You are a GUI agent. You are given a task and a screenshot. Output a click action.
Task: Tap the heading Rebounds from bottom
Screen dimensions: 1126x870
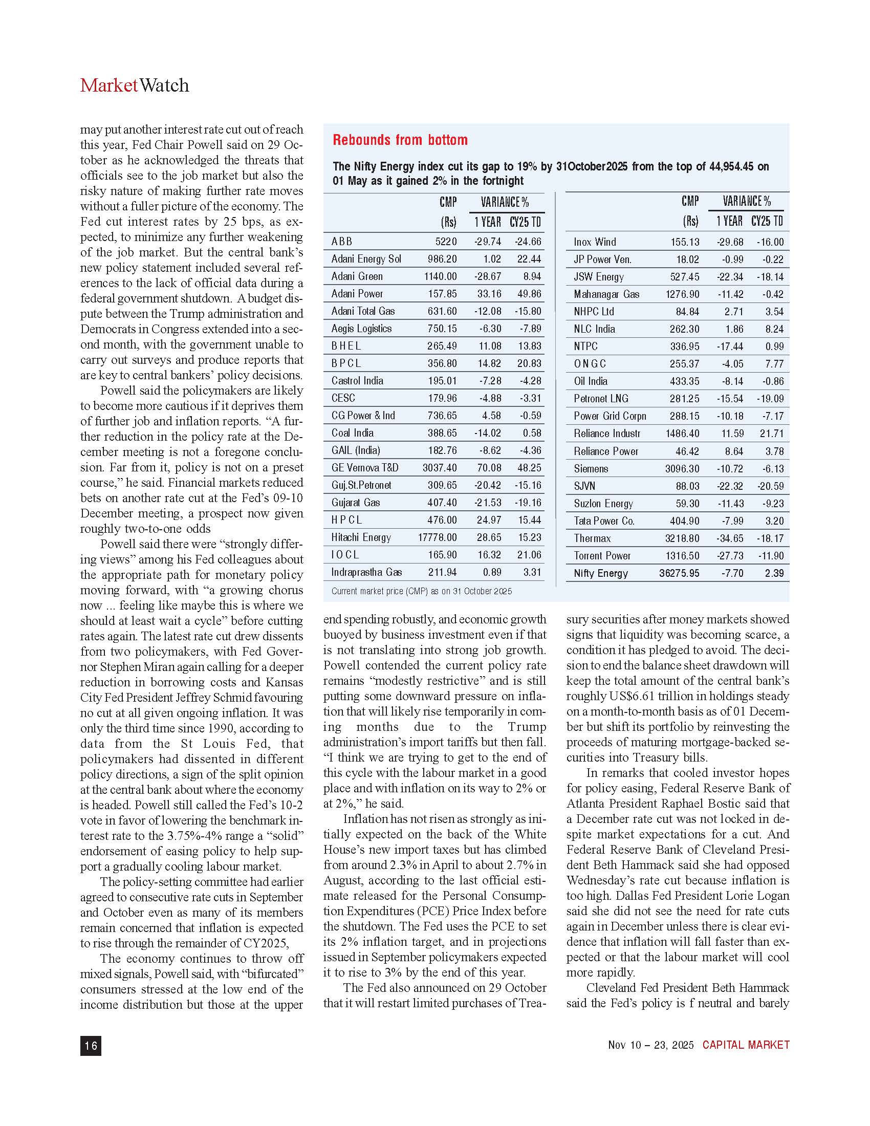400,140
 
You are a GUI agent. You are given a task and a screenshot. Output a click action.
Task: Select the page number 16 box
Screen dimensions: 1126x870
91,1045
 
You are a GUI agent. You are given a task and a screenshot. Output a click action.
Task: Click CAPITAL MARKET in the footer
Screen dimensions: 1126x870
746,1045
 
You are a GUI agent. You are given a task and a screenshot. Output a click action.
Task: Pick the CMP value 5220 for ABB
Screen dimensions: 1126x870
446,241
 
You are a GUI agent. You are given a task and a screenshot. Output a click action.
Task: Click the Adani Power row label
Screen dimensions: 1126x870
357,294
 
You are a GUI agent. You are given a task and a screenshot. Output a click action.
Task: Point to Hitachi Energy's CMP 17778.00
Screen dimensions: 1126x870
437,538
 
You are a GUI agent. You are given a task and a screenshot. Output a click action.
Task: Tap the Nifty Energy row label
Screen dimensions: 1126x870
600,573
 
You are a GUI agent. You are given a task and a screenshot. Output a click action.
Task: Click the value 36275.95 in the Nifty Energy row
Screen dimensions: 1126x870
679,573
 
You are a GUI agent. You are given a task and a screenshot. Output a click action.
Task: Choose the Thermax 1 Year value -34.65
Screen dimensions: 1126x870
730,538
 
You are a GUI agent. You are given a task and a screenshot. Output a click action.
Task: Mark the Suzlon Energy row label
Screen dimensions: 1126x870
603,504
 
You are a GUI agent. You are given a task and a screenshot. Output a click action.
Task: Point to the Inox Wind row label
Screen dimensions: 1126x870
595,242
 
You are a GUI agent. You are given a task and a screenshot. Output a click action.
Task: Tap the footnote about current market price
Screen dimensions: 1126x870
422,591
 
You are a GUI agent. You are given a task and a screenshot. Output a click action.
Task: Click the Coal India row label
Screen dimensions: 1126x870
353,433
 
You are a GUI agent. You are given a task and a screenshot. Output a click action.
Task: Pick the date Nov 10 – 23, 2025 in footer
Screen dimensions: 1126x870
650,1045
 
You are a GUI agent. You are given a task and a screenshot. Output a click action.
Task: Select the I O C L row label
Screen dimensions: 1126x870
345,555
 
